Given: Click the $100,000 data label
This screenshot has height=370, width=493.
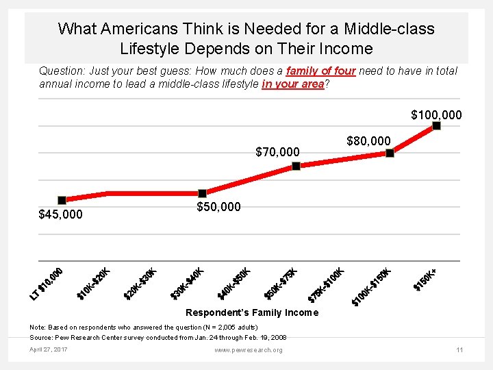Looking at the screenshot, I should click(x=436, y=114).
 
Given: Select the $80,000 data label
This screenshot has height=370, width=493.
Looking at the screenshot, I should click(x=368, y=141).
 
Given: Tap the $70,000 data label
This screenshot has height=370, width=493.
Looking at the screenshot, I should click(x=277, y=151).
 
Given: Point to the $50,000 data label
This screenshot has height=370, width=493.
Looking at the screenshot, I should click(x=218, y=206).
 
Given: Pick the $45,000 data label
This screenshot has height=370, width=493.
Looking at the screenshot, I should click(x=60, y=214).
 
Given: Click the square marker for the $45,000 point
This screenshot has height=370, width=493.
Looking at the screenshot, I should click(x=62, y=200).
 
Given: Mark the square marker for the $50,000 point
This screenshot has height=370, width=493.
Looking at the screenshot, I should click(x=203, y=193).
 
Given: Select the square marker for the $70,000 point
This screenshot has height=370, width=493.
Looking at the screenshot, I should click(x=296, y=166).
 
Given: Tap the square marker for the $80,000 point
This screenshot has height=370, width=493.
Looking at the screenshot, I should click(x=390, y=153).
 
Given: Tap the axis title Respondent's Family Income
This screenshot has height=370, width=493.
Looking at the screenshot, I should click(x=252, y=312).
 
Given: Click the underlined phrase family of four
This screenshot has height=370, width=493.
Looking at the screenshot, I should click(x=320, y=71).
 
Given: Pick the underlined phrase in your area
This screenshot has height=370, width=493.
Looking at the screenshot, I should click(x=292, y=84).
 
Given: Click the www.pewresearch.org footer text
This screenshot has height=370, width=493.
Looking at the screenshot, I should click(x=248, y=350).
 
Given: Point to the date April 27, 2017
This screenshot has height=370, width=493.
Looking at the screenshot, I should click(x=48, y=350).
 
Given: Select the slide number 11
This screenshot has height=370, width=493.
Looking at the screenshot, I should click(x=459, y=350).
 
